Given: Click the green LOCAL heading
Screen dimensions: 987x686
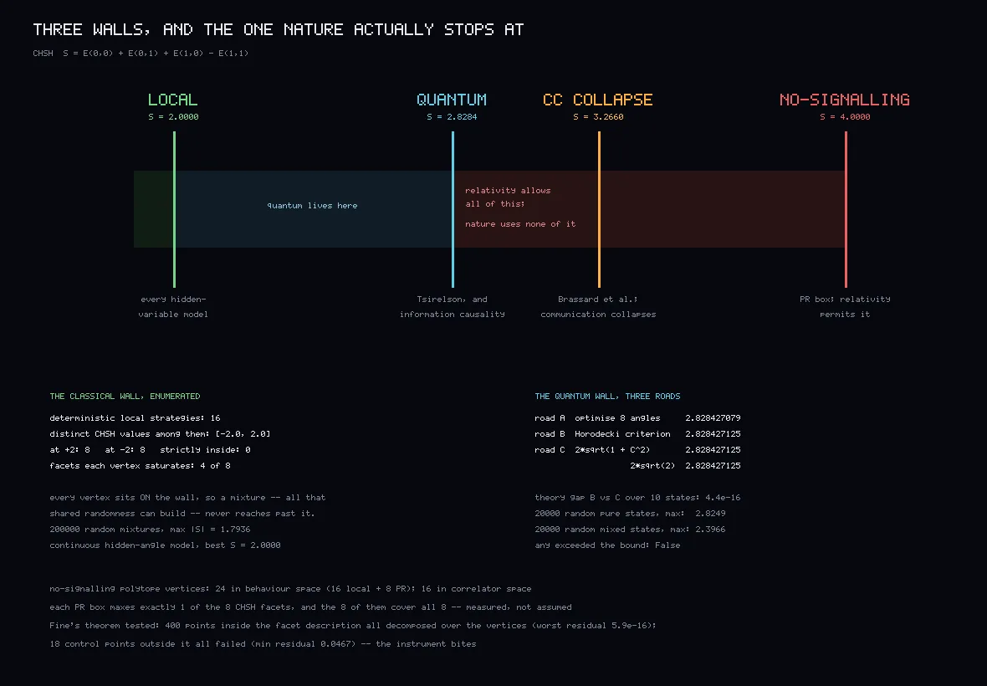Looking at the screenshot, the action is [172, 100].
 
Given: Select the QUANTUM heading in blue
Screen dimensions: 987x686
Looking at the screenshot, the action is [452, 100].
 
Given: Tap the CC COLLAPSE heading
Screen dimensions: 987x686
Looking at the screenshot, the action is [597, 100].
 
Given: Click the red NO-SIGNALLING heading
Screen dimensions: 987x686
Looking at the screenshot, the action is [845, 100].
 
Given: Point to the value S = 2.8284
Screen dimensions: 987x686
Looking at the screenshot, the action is [452, 116].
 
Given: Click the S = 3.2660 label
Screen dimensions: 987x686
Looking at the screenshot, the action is [598, 116].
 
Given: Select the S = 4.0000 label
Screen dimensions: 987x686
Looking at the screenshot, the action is [845, 116].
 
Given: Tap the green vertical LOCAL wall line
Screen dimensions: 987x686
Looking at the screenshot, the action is [174, 210].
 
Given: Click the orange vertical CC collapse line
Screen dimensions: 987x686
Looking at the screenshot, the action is [599, 210].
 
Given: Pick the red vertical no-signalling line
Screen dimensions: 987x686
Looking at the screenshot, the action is [846, 210].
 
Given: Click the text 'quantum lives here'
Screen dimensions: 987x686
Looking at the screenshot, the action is [312, 206].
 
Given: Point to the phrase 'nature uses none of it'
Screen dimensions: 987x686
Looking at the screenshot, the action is [520, 224].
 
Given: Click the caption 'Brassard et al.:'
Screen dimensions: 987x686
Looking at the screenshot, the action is [598, 299].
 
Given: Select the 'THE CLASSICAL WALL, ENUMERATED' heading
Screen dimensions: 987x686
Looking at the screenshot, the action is [125, 396].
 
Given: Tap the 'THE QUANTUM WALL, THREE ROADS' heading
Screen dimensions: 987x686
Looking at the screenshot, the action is [607, 396].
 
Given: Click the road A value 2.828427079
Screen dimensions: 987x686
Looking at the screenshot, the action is [713, 418].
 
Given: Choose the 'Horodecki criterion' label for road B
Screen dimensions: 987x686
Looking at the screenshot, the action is [622, 433].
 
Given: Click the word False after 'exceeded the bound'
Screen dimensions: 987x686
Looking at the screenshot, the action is [667, 545].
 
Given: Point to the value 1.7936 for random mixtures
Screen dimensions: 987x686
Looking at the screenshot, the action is [235, 530].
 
